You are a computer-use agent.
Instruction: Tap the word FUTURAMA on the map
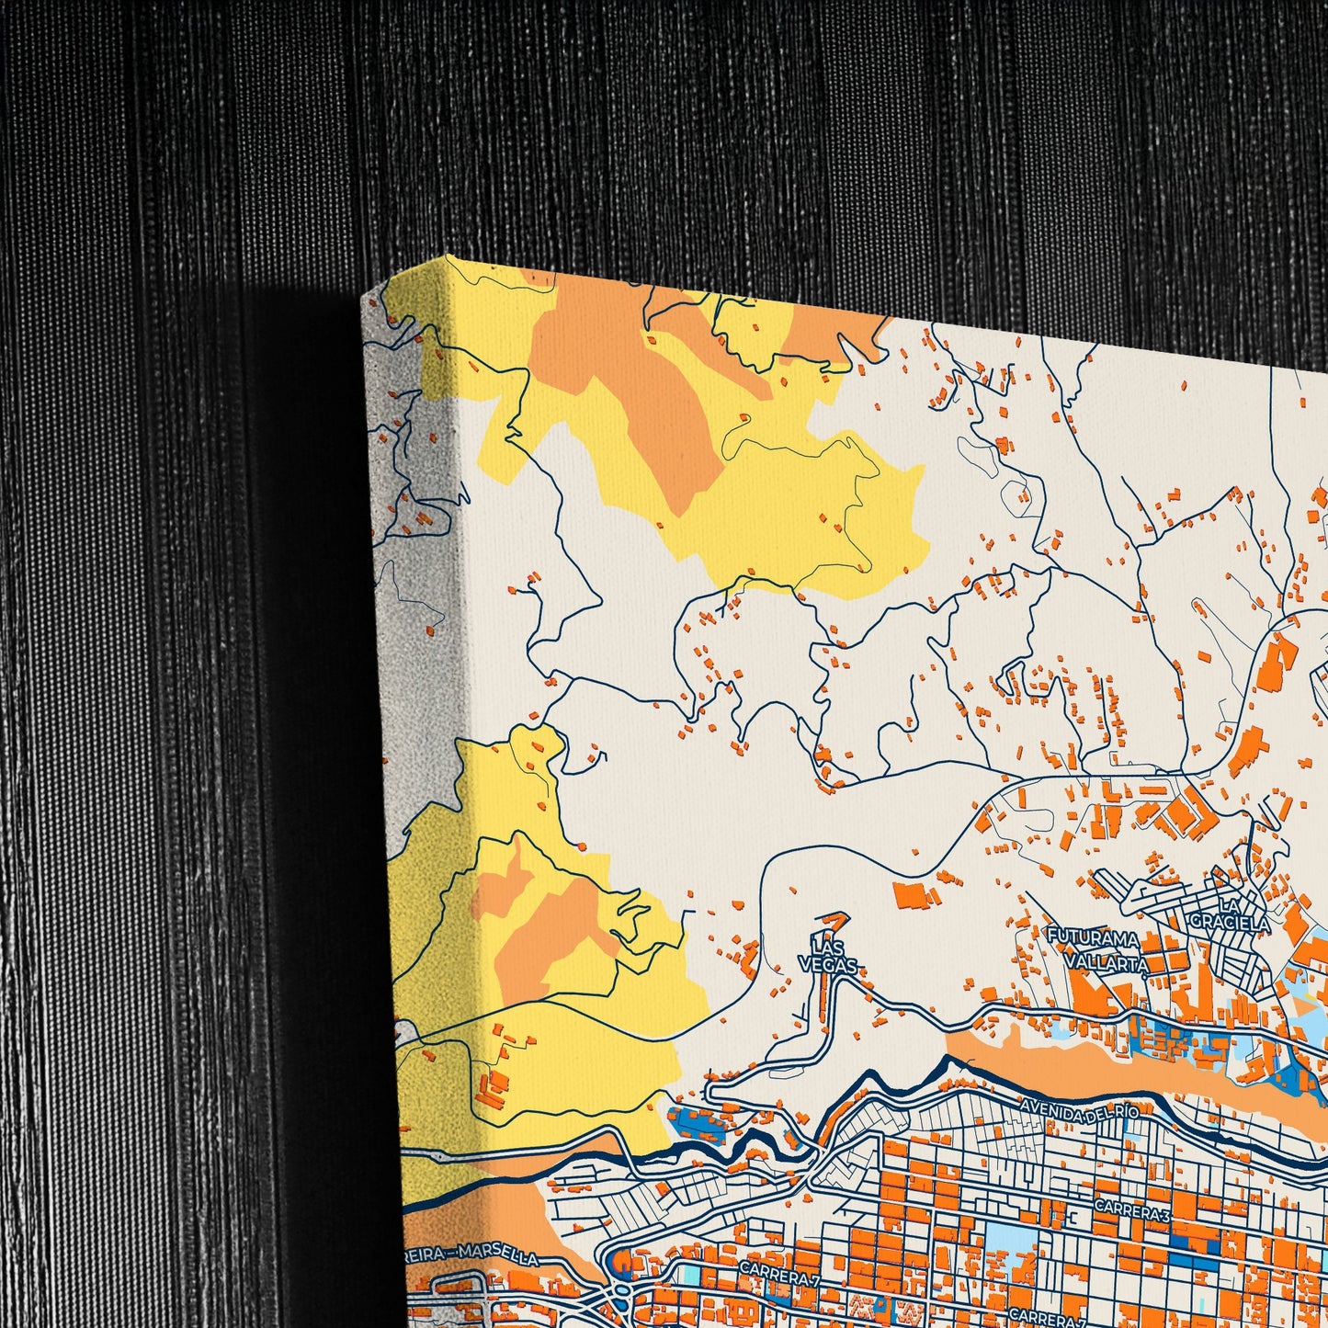(x=1093, y=937)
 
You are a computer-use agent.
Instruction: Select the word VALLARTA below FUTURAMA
(x=1107, y=962)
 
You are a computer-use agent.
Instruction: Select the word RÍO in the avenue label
(x=1127, y=1113)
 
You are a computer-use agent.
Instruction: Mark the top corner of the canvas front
(x=450, y=256)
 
